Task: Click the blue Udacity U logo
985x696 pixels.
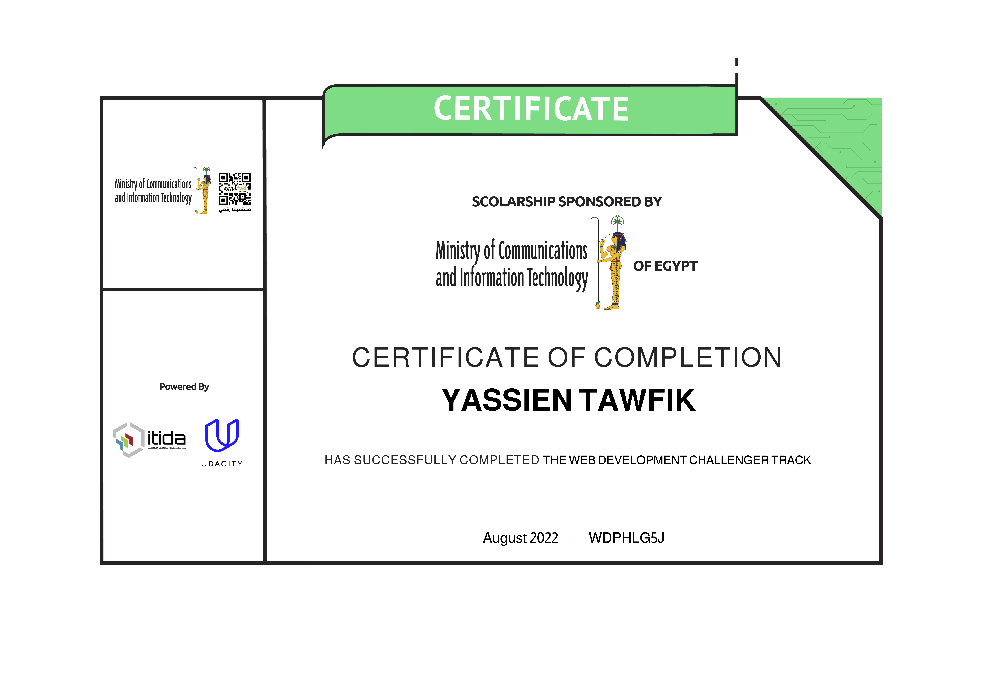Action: click(222, 435)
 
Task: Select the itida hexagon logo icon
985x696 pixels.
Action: click(128, 440)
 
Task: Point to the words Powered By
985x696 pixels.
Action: click(184, 387)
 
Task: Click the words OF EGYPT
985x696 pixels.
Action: click(665, 266)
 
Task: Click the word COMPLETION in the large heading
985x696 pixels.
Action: click(688, 357)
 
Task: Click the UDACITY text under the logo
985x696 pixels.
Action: click(222, 464)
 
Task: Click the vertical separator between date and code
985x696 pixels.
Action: click(571, 539)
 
